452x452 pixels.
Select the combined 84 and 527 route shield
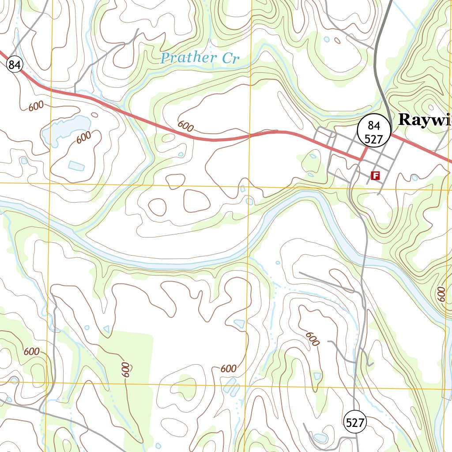[374, 131]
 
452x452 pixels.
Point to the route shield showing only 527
[355, 423]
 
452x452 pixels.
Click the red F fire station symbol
[376, 176]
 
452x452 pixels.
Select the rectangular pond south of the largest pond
[76, 166]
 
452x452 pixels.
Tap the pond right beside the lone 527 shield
[320, 437]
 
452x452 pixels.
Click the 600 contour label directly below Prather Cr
[185, 126]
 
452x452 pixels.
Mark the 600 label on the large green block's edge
[126, 369]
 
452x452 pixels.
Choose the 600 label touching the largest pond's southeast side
[83, 137]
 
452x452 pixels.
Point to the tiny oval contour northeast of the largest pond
[95, 115]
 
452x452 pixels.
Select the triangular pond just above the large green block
[106, 329]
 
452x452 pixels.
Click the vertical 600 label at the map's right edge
[440, 294]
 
